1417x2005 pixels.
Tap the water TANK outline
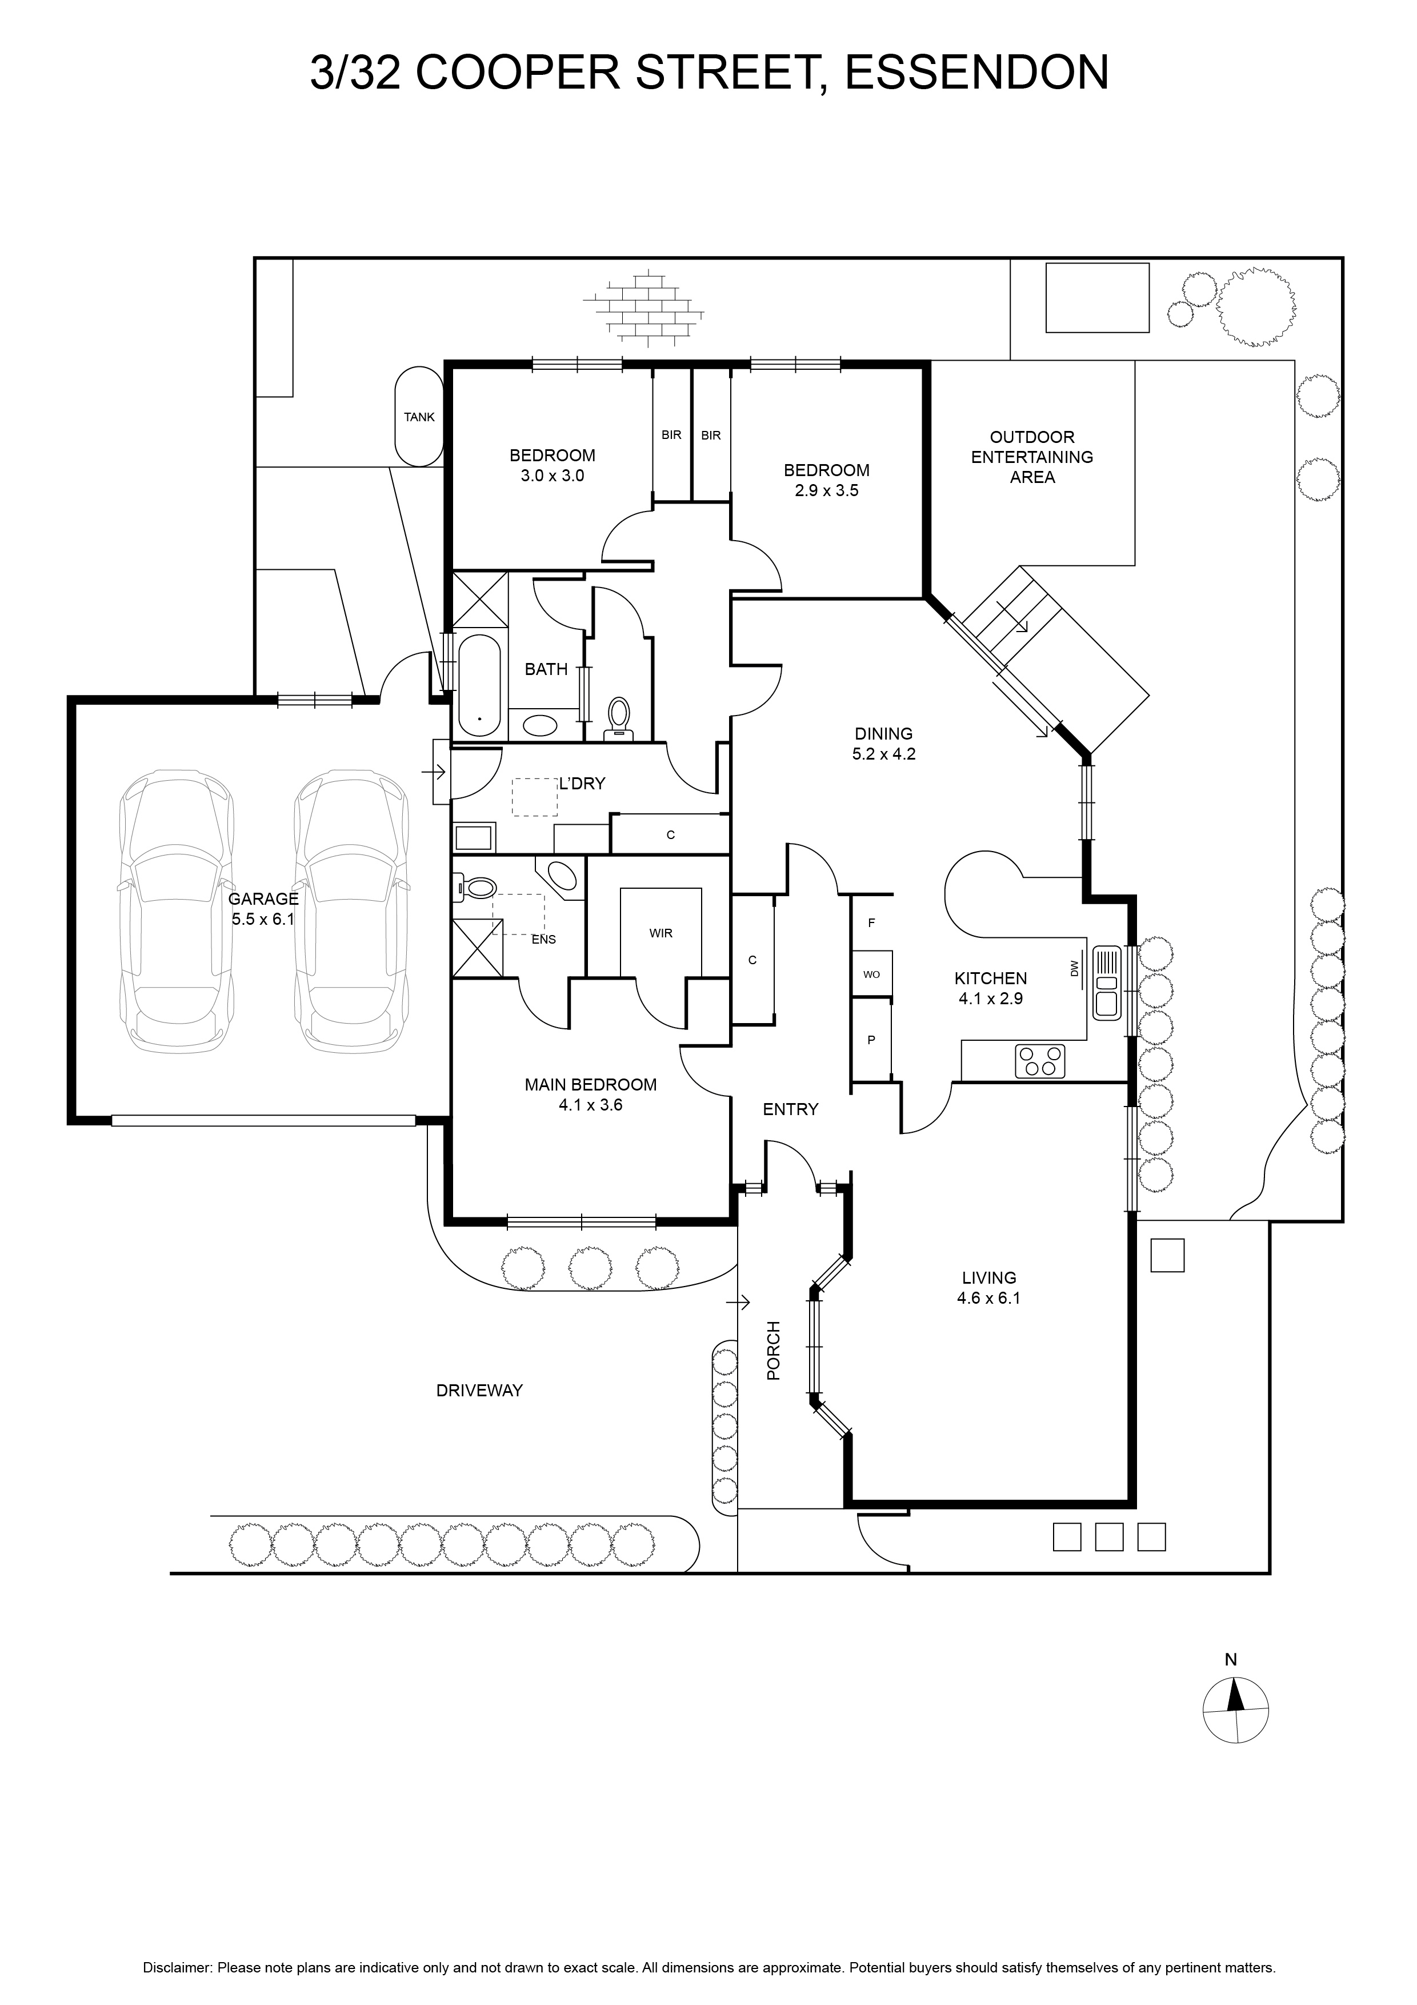pos(419,416)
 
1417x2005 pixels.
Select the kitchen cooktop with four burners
pos(1040,1060)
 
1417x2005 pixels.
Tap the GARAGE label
pos(263,898)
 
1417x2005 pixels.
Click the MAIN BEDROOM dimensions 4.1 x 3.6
pos(590,1105)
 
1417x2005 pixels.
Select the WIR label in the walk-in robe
pos(661,933)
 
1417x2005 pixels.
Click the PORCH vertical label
pos(774,1351)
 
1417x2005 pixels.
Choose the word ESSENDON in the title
pos(977,73)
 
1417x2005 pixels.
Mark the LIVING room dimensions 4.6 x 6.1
pos(988,1297)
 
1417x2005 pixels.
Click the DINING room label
pos(883,733)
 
